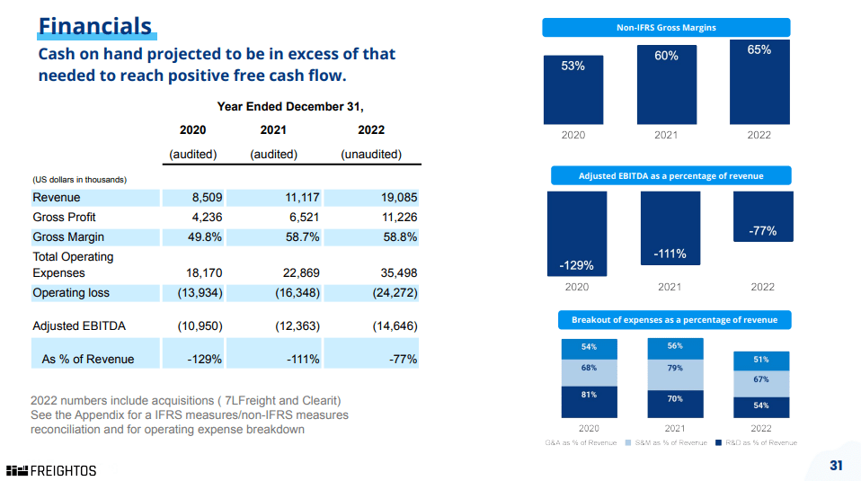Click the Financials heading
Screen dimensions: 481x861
pyautogui.click(x=95, y=25)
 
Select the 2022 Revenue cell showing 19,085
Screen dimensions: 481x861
pyautogui.click(x=395, y=198)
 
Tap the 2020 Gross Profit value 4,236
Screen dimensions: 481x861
pyautogui.click(x=207, y=218)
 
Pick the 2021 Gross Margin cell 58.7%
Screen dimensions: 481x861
pyautogui.click(x=297, y=237)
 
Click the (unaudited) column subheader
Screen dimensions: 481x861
pyautogui.click(x=371, y=155)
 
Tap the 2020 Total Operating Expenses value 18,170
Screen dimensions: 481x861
pyautogui.click(x=203, y=273)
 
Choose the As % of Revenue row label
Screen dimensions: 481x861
pyautogui.click(x=88, y=360)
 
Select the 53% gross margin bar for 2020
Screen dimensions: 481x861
pyautogui.click(x=573, y=90)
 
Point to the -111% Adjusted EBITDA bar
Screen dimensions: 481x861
pyautogui.click(x=670, y=228)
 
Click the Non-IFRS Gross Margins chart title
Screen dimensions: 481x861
pyautogui.click(x=666, y=28)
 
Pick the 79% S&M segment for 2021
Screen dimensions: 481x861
pyautogui.click(x=675, y=369)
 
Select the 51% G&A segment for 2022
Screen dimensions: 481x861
pyautogui.click(x=760, y=361)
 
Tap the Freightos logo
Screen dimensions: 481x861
pyautogui.click(x=51, y=470)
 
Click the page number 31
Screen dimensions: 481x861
pyautogui.click(x=836, y=465)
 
